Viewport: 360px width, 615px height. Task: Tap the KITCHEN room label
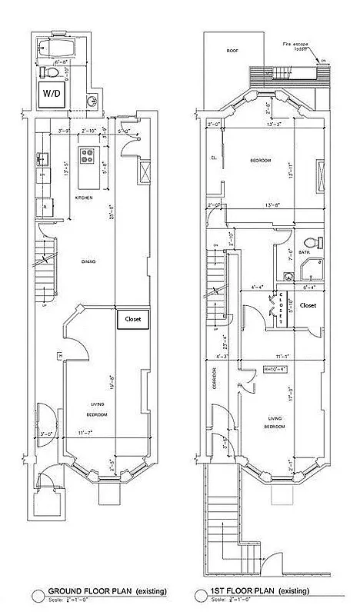point(84,198)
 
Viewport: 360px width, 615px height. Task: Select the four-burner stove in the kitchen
point(88,162)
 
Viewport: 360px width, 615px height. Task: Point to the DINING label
point(90,262)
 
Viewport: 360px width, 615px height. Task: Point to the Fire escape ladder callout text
point(297,47)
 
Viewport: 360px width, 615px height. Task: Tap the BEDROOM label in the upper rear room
point(261,160)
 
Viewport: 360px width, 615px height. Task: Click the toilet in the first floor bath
point(308,241)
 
